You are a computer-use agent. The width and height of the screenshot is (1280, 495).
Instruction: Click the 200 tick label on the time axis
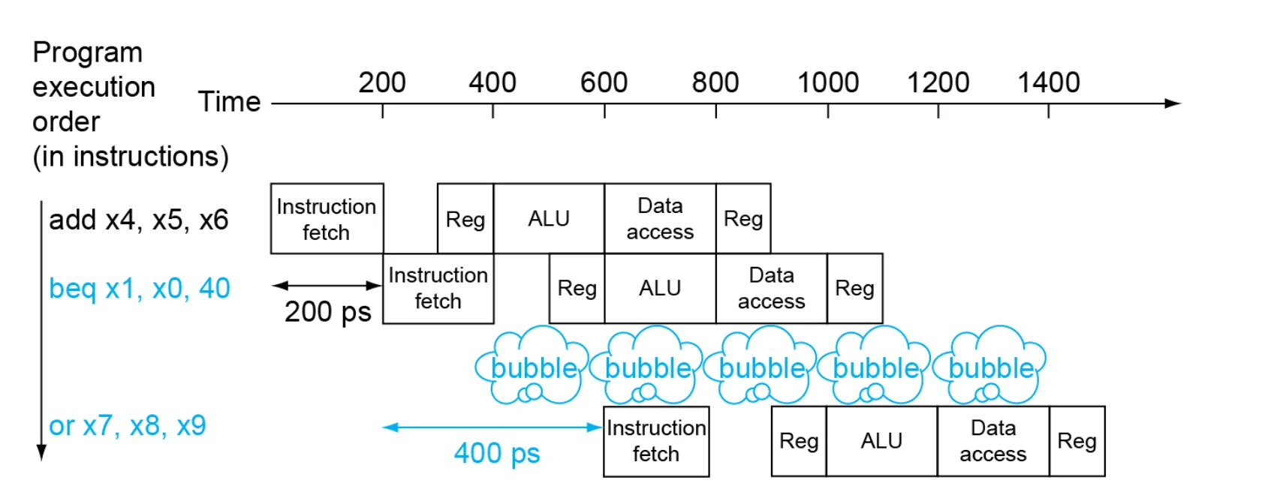(381, 82)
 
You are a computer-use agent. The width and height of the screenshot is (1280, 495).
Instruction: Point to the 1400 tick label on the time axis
(1049, 82)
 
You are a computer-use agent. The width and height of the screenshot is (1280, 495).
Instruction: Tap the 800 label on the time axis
(715, 82)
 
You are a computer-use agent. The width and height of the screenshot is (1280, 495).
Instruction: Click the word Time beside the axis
(229, 102)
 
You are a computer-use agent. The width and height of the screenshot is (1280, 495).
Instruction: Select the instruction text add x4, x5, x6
(139, 220)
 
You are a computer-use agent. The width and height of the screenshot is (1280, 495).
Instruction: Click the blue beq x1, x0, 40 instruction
(140, 288)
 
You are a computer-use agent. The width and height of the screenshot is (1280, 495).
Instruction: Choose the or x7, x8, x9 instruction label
(128, 426)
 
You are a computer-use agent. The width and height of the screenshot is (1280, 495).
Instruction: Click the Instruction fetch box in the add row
(327, 219)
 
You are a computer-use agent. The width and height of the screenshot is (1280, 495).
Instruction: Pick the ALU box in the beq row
(660, 288)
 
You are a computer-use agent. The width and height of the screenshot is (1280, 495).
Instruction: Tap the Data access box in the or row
(993, 441)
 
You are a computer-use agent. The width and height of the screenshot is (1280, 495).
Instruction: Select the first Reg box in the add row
(465, 219)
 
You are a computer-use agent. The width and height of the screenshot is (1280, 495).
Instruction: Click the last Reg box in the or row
(1077, 441)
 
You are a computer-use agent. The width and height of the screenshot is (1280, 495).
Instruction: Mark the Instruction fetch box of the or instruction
(657, 441)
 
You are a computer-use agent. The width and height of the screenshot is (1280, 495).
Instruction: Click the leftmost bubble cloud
(532, 365)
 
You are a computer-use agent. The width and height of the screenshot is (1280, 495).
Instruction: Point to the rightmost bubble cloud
(989, 365)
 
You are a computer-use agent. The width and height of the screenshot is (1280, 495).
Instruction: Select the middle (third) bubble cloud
(760, 365)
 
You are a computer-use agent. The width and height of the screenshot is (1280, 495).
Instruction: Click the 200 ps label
(328, 312)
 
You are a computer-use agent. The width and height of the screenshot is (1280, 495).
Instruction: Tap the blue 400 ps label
(497, 454)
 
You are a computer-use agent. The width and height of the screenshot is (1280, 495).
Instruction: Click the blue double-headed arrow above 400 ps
(492, 427)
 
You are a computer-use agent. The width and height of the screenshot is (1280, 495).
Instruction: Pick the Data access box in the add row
(660, 219)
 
